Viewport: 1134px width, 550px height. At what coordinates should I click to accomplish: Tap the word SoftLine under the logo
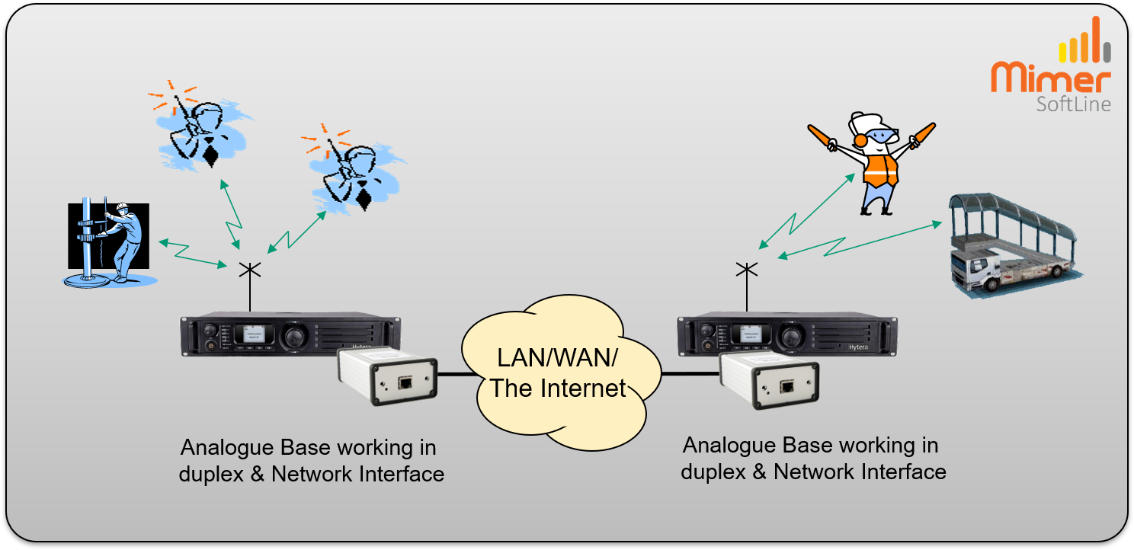1072,104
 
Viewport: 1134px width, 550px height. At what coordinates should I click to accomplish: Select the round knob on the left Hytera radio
293,335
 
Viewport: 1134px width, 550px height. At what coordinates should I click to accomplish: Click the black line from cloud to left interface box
457,374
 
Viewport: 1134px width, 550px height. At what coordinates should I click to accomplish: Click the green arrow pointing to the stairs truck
861,239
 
